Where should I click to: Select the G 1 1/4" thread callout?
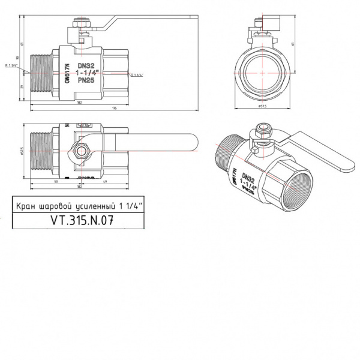(x=137, y=74)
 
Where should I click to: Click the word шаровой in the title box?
(x=56, y=205)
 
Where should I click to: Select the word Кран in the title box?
(x=25, y=205)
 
